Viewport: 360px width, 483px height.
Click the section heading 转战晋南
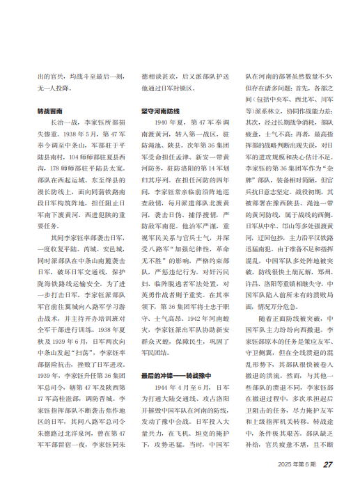pyautogui.click(x=52, y=111)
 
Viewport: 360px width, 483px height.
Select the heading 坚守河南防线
pyautogui.click(x=160, y=111)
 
